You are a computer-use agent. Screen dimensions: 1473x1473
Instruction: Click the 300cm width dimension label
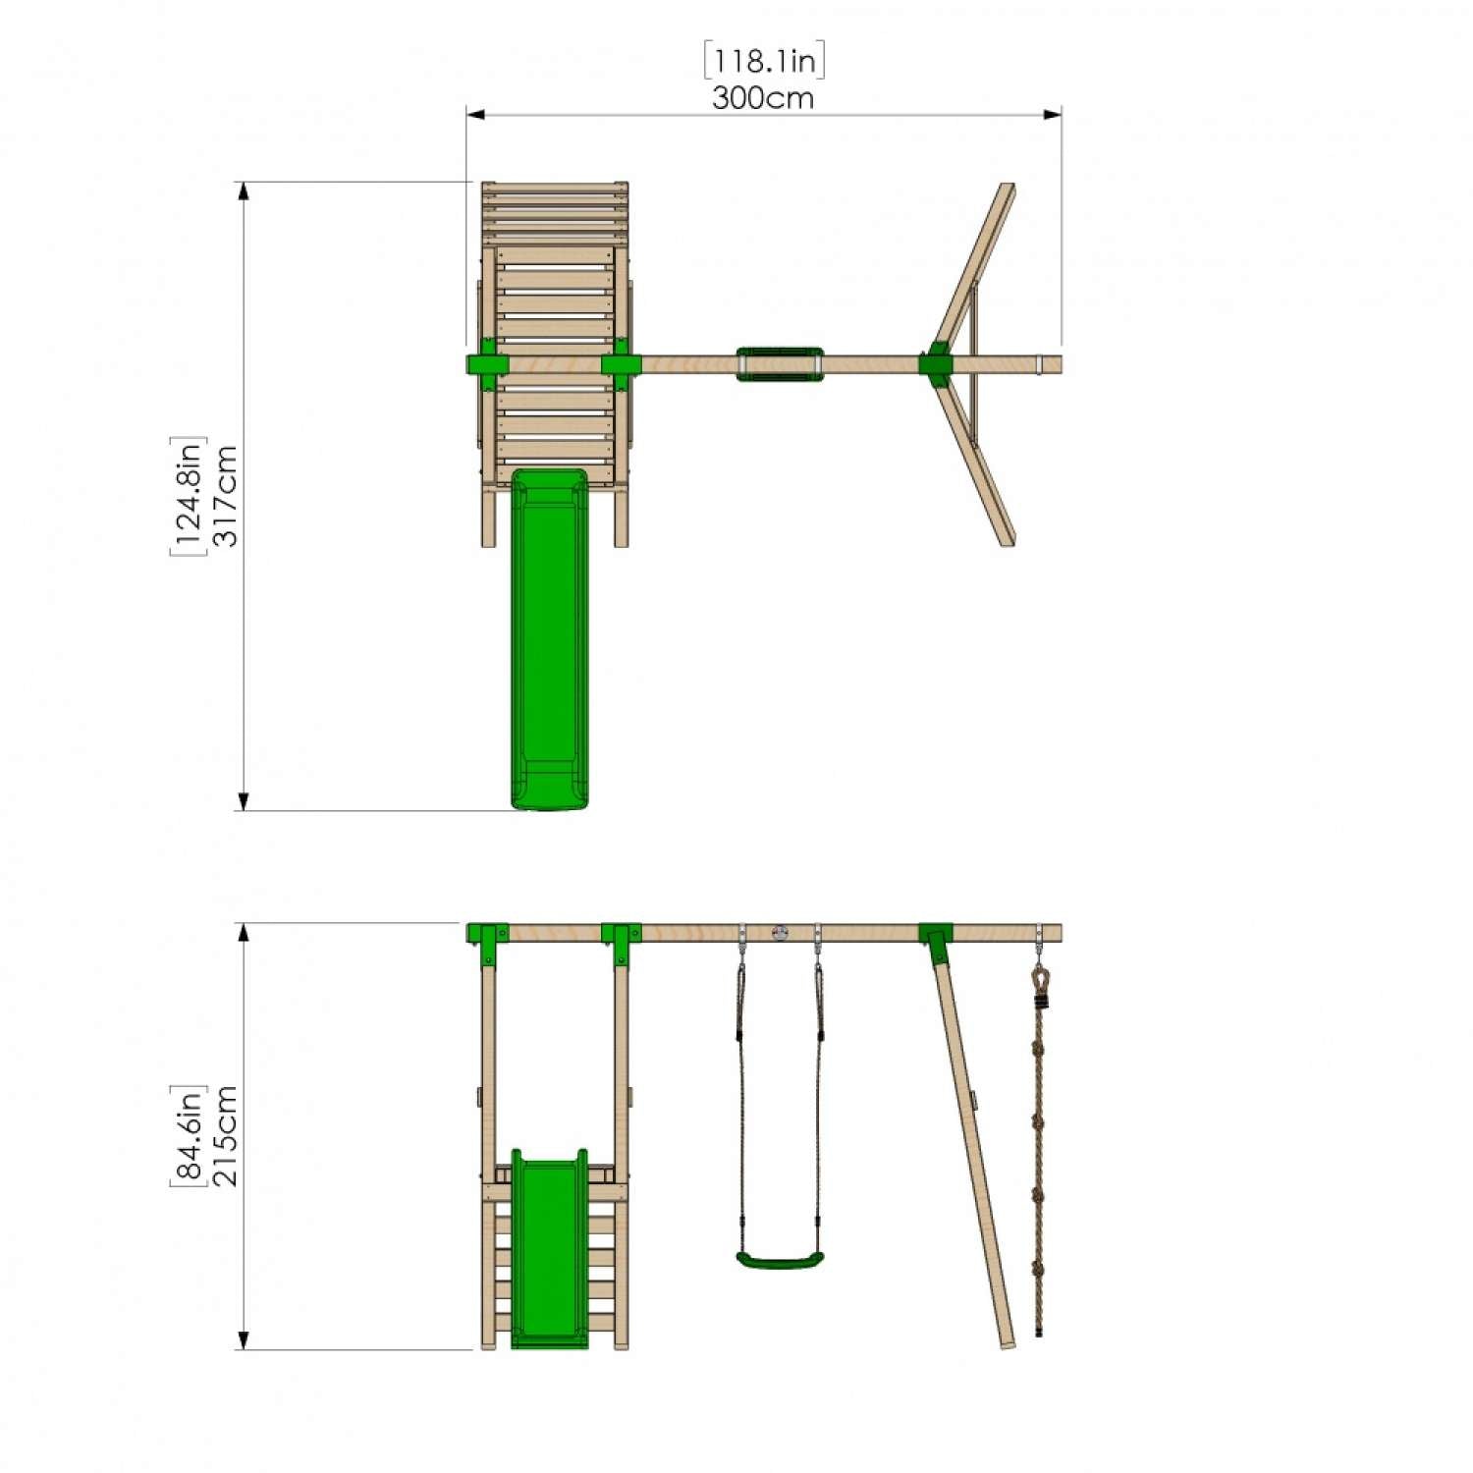(x=763, y=98)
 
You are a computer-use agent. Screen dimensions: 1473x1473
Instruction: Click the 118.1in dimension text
(x=764, y=61)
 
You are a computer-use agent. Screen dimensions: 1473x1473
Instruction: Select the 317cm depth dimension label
(x=226, y=495)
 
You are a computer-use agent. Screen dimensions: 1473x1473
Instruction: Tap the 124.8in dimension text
(x=188, y=495)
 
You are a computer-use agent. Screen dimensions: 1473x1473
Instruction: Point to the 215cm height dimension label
(x=226, y=1136)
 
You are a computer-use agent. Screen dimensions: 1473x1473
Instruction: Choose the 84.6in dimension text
(x=188, y=1136)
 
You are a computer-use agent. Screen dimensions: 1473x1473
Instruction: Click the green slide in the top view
(x=549, y=638)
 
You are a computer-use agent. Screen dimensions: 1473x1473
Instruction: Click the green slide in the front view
(x=549, y=1247)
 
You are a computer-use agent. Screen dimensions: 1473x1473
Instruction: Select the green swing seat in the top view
(x=780, y=362)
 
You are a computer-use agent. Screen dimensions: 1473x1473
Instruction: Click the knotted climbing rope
(x=1039, y=1149)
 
